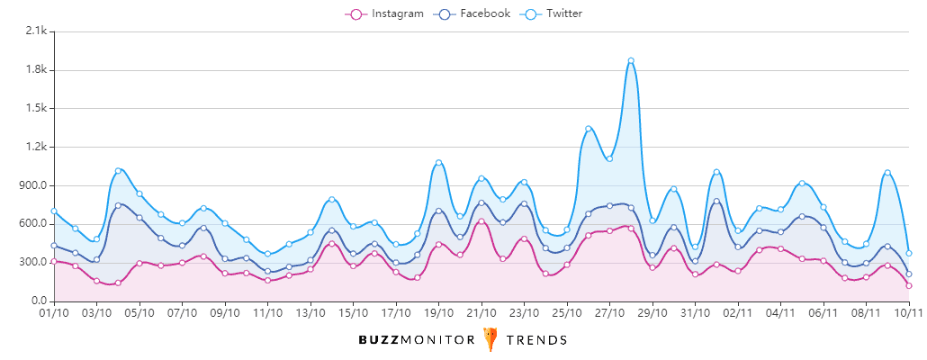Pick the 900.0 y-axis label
pyautogui.click(x=32, y=186)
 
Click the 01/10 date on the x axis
pyautogui.click(x=54, y=314)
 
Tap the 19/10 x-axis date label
pyautogui.click(x=438, y=314)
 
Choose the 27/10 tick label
pyautogui.click(x=609, y=314)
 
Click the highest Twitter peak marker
pyautogui.click(x=631, y=61)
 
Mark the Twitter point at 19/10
pyautogui.click(x=438, y=163)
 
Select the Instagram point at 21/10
pyautogui.click(x=481, y=221)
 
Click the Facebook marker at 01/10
pyautogui.click(x=54, y=246)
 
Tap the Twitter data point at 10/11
pyautogui.click(x=909, y=253)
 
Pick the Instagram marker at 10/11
pyautogui.click(x=909, y=285)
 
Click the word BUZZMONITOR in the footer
pyautogui.click(x=417, y=340)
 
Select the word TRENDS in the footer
pyautogui.click(x=536, y=340)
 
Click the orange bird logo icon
pyautogui.click(x=490, y=339)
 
